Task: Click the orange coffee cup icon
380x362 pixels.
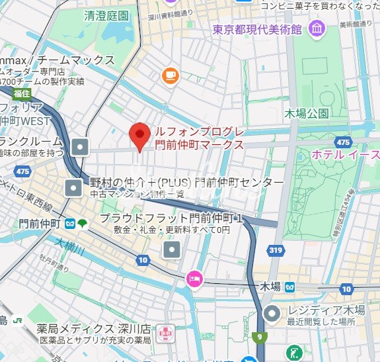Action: pyautogui.click(x=171, y=75)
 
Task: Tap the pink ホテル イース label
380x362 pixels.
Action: pyautogui.click(x=344, y=154)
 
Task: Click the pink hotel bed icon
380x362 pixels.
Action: pyautogui.click(x=194, y=278)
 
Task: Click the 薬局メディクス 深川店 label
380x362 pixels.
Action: pyautogui.click(x=93, y=328)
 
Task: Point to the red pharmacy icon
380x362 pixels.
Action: pyautogui.click(x=165, y=329)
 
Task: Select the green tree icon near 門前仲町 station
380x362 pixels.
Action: pyautogui.click(x=81, y=224)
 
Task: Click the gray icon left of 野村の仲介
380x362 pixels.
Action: pyautogui.click(x=73, y=187)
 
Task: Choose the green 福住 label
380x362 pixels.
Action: pyautogui.click(x=13, y=93)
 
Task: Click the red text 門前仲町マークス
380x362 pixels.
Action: pyautogui.click(x=198, y=144)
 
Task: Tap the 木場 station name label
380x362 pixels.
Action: pyautogui.click(x=270, y=287)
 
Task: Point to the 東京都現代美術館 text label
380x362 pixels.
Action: pyautogui.click(x=257, y=29)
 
